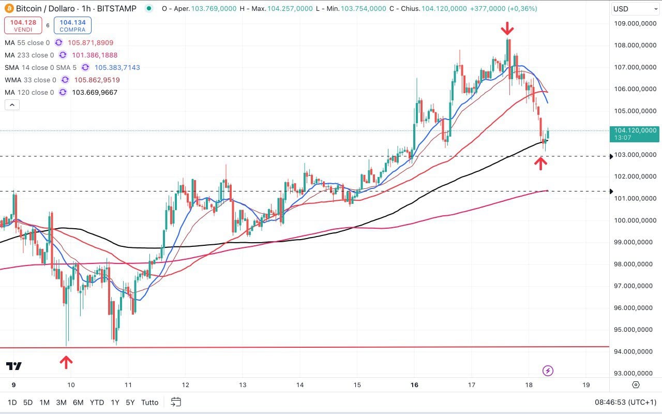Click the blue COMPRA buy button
tap(72, 25)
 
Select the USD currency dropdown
tap(635, 9)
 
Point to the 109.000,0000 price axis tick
tap(635, 23)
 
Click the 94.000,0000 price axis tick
tap(635, 352)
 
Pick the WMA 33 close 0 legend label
tap(31, 80)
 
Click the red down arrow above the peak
tap(508, 28)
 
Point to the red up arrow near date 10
tap(66, 362)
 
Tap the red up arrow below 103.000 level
tap(540, 164)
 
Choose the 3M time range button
tap(61, 402)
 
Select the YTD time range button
tap(97, 402)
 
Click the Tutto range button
tap(150, 402)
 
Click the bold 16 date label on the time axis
tap(414, 385)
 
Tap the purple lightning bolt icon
tap(548, 371)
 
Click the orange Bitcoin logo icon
tap(9, 9)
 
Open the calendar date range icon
tap(176, 402)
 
